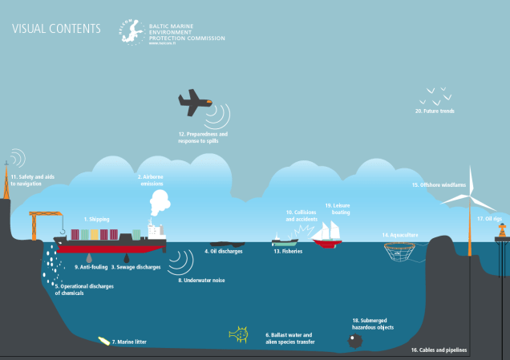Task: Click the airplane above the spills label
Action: (x=196, y=102)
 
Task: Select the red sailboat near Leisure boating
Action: (x=327, y=234)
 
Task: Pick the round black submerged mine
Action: (x=355, y=340)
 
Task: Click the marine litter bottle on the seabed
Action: (x=103, y=341)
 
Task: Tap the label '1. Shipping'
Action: (x=96, y=219)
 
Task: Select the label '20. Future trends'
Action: (x=435, y=111)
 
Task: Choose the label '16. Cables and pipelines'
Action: (x=438, y=350)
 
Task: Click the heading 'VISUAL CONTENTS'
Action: (x=56, y=30)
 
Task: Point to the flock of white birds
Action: (x=434, y=97)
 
